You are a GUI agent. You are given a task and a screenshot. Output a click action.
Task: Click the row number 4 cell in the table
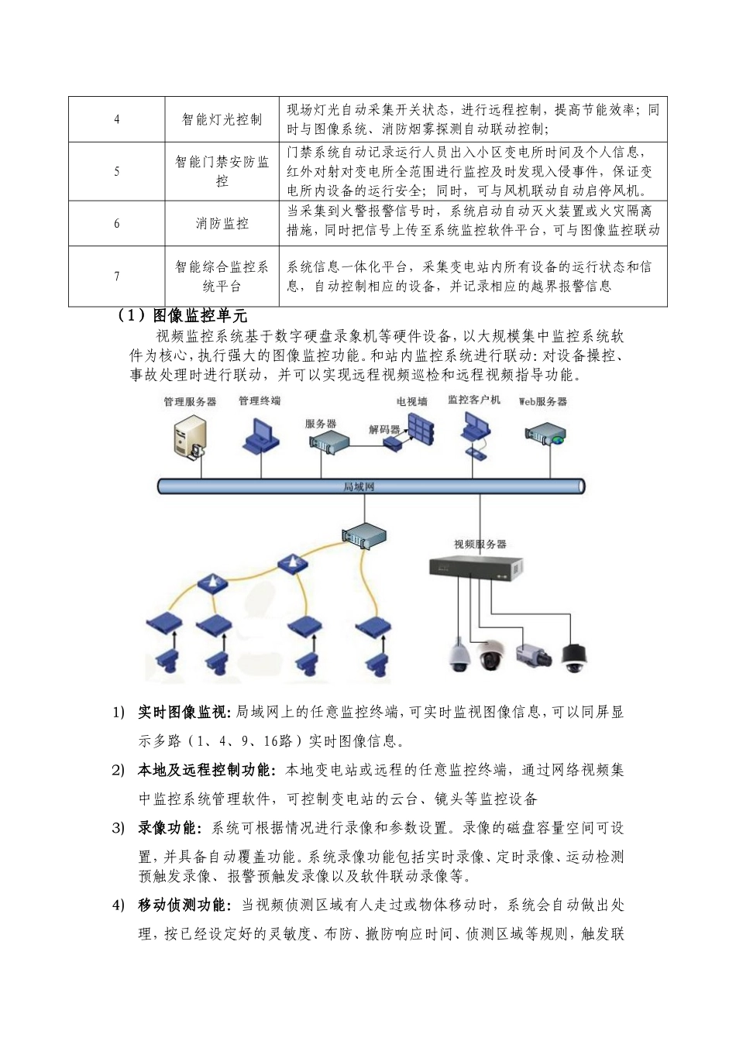pos(117,119)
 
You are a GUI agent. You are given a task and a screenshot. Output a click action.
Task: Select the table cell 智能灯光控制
pos(222,119)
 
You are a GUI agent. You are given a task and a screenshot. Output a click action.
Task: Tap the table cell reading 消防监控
pos(222,224)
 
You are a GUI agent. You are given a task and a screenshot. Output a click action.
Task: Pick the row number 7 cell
pos(117,277)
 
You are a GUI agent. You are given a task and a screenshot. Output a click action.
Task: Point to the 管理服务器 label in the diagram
pos(190,402)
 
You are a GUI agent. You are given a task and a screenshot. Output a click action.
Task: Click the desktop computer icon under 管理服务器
pos(189,438)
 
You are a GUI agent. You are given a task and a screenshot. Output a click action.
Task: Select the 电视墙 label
pos(411,401)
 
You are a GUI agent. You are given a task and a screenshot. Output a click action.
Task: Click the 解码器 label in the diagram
pos(384,428)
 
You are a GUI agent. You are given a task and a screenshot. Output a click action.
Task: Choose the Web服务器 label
pos(543,401)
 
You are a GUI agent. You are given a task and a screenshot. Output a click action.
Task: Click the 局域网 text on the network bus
pos(359,486)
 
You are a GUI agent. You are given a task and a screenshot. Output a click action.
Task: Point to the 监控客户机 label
pos(474,400)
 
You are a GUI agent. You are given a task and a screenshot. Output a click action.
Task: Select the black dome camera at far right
pos(574,657)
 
